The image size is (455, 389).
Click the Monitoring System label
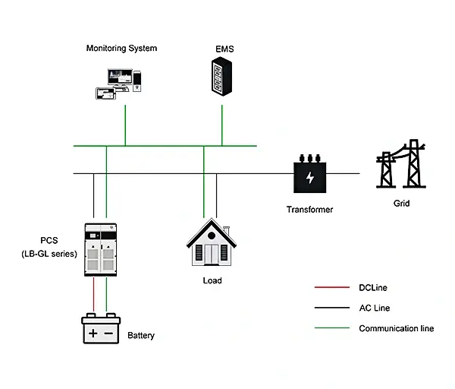click(x=121, y=49)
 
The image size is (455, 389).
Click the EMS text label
click(x=224, y=49)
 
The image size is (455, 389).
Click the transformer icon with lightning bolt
click(x=310, y=177)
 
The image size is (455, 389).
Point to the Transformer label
click(x=309, y=210)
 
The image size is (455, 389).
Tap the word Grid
click(x=401, y=204)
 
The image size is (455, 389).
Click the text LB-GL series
click(x=49, y=254)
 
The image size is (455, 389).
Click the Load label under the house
click(x=212, y=280)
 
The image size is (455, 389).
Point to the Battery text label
click(x=141, y=335)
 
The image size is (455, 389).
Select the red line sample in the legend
click(x=329, y=288)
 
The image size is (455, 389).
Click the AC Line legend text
click(x=375, y=308)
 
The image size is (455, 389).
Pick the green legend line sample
click(x=329, y=328)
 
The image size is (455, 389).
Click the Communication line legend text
click(x=396, y=329)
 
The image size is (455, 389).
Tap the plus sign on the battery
click(x=92, y=333)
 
